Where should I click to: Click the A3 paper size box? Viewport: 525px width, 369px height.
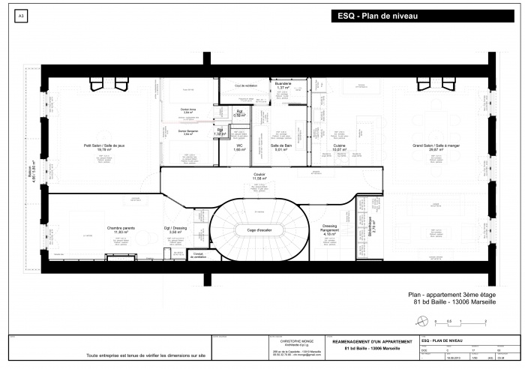20,15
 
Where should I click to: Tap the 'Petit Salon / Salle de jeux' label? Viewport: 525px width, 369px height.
97,147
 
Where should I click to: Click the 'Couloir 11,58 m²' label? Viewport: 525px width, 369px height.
260,176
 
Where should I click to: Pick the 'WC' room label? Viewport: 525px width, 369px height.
239,148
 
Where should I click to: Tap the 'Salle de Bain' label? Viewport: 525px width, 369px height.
280,148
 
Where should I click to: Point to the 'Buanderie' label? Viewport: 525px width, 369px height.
283,85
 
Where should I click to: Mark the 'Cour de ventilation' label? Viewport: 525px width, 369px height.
246,85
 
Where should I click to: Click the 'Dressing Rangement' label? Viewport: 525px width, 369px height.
329,228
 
